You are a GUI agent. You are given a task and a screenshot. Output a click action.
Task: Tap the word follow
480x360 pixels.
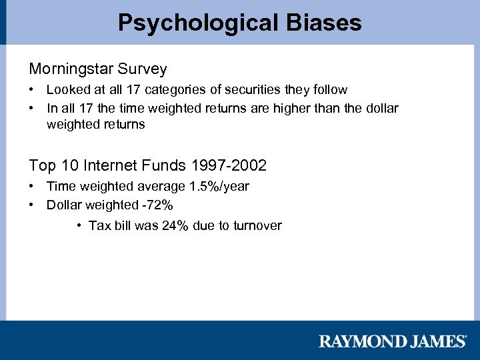click(323, 89)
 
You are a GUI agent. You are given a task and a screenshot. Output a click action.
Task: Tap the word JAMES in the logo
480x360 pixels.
click(433, 341)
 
